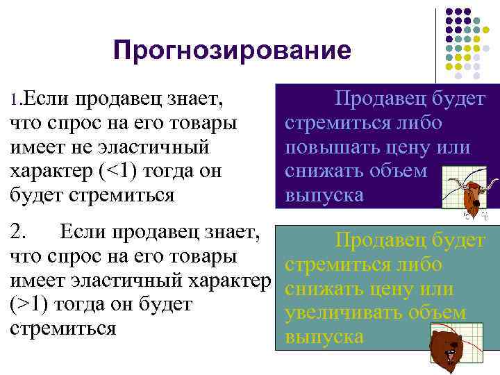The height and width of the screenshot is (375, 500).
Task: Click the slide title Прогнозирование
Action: pyautogui.click(x=233, y=51)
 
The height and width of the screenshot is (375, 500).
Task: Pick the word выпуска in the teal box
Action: pyautogui.click(x=324, y=337)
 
